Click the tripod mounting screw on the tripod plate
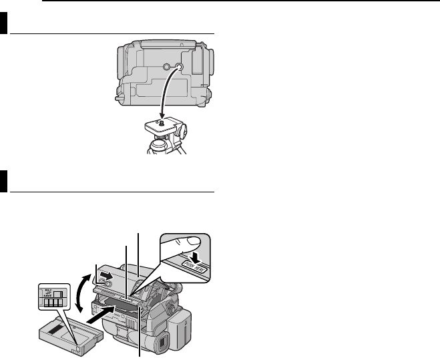click(158, 122)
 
